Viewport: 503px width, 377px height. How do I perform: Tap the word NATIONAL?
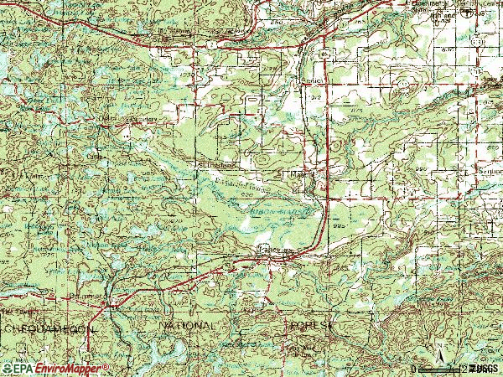point(187,324)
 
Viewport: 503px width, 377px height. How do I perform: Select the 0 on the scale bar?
point(414,369)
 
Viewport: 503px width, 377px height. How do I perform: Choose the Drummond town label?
point(85,296)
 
